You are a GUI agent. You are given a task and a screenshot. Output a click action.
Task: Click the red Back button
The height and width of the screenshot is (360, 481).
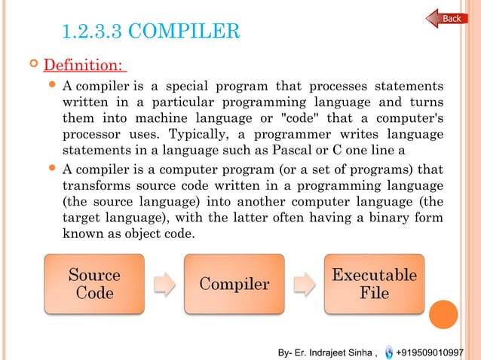(x=447, y=18)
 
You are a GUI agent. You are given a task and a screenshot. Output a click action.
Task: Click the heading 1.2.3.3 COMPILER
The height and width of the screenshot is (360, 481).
(x=151, y=32)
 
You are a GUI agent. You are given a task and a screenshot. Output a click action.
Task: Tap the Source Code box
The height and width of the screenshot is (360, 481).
(x=94, y=284)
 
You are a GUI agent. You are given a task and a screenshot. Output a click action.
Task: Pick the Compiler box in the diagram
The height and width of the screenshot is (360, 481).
(x=234, y=284)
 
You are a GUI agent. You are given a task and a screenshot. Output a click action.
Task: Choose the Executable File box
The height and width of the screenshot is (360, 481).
(x=374, y=284)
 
